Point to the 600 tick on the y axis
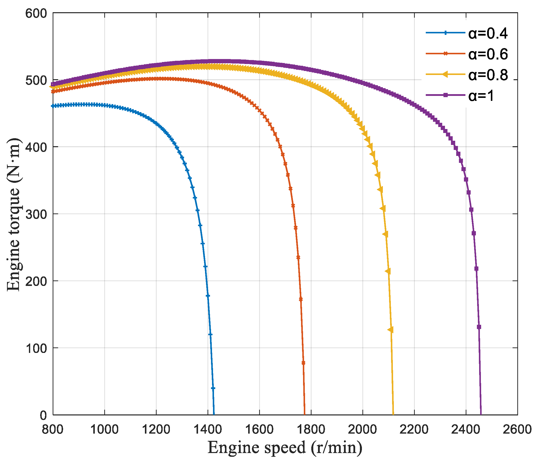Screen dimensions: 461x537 click(36, 13)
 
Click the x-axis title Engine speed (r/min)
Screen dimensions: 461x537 click(285, 448)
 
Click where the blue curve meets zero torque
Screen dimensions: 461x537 click(214, 415)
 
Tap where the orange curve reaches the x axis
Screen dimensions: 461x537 click(305, 415)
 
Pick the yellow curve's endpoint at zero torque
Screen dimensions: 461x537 click(393, 415)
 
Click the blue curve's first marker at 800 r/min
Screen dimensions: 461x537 click(53, 106)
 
